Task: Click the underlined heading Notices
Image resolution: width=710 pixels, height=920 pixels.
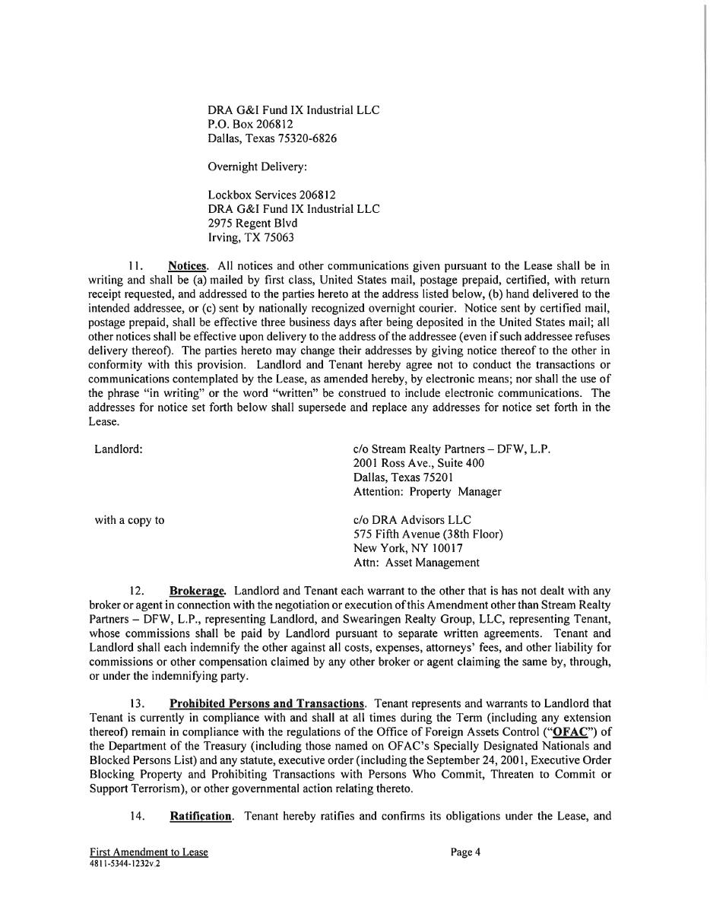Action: pyautogui.click(x=187, y=266)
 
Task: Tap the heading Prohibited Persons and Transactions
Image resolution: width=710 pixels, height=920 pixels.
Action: pyautogui.click(x=266, y=703)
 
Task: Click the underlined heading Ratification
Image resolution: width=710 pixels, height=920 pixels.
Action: pyautogui.click(x=201, y=816)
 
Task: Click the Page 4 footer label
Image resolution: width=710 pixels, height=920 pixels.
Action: pyautogui.click(x=465, y=852)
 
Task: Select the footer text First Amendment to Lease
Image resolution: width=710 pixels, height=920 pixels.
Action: pyautogui.click(x=148, y=852)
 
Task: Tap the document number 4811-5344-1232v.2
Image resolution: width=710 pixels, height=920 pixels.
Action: pyautogui.click(x=125, y=864)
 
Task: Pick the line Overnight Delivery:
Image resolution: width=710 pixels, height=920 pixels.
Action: pyautogui.click(x=257, y=167)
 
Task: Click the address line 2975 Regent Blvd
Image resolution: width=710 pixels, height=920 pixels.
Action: pyautogui.click(x=252, y=223)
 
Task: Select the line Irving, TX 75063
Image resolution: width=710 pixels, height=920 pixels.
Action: pyautogui.click(x=251, y=237)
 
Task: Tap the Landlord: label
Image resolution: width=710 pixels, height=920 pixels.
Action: pyautogui.click(x=119, y=449)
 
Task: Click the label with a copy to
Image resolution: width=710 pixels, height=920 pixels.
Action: pyautogui.click(x=129, y=520)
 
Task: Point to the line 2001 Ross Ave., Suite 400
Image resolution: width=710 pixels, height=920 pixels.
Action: pyautogui.click(x=418, y=463)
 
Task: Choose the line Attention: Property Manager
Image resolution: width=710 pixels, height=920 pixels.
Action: pyautogui.click(x=427, y=491)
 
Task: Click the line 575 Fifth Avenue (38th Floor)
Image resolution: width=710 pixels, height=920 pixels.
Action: pyautogui.click(x=428, y=534)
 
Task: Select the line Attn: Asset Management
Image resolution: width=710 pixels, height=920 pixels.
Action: pyautogui.click(x=416, y=563)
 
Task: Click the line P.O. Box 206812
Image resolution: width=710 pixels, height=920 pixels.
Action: pyautogui.click(x=250, y=124)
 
